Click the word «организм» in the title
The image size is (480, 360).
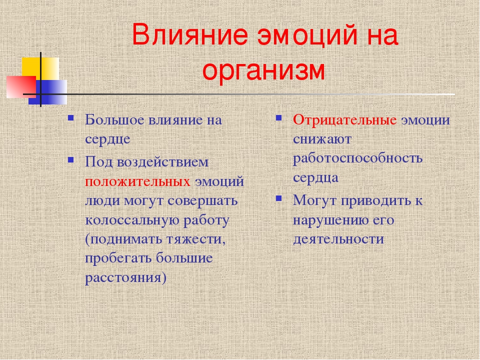tap(263, 71)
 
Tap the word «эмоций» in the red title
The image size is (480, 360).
tap(307, 36)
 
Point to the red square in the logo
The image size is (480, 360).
tap(21, 87)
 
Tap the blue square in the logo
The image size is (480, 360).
tap(48, 92)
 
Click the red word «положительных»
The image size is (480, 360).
tap(137, 181)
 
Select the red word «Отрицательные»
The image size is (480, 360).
tap(344, 119)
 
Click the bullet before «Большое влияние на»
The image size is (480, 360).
tap(71, 118)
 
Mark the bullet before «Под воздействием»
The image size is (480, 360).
tap(71, 160)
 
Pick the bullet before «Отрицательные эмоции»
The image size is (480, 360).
tap(279, 118)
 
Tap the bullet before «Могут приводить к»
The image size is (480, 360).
tap(279, 198)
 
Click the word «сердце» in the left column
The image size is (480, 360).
tap(107, 139)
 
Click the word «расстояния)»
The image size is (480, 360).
tap(125, 278)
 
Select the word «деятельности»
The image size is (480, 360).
tap(338, 239)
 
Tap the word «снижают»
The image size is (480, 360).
tap(322, 139)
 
